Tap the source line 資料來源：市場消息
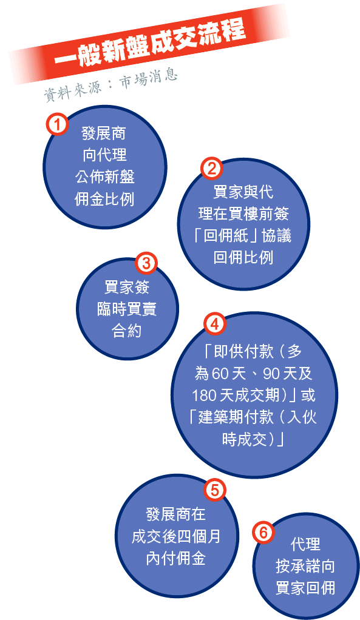(x=110, y=84)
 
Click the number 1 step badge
(x=57, y=124)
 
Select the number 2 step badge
(x=212, y=169)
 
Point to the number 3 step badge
(x=146, y=263)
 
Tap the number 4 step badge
(x=214, y=323)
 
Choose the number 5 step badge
(x=214, y=490)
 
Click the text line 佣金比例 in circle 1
(x=104, y=199)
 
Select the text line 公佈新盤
(x=104, y=177)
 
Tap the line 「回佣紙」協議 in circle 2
(x=243, y=235)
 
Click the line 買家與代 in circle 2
(x=243, y=192)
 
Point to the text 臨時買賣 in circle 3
(x=127, y=309)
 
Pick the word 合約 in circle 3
(x=127, y=331)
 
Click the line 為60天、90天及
(x=253, y=373)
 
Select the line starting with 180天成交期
(x=254, y=395)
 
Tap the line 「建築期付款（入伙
(x=253, y=417)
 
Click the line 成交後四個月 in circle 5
(x=175, y=536)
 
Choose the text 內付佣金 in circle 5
(x=175, y=558)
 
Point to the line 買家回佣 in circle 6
(x=305, y=588)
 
